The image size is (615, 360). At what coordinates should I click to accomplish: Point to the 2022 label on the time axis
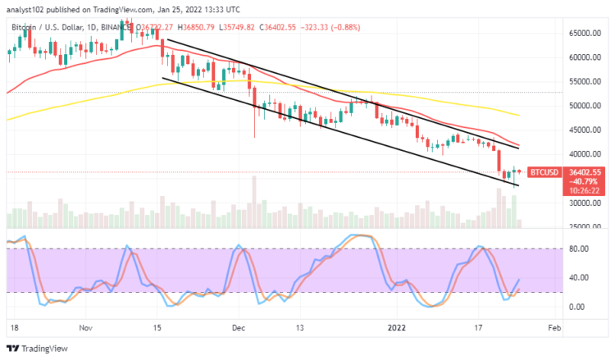[396, 326]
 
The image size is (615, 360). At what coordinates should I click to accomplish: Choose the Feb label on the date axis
[553, 326]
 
